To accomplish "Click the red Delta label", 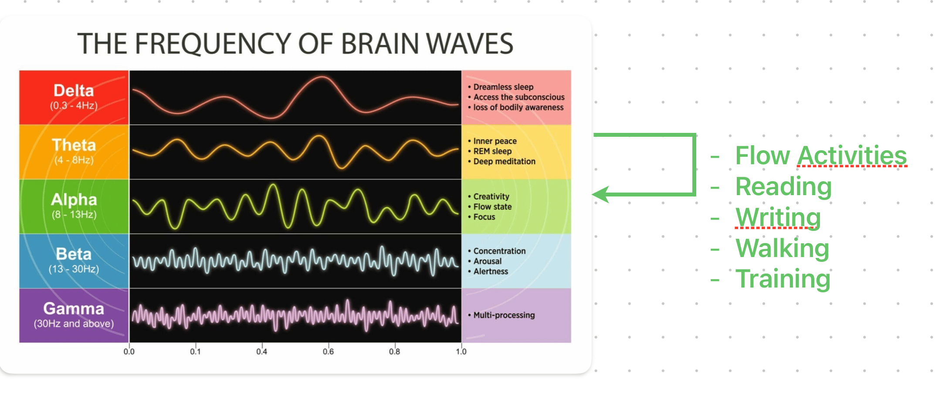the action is [74, 91].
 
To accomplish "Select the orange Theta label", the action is [74, 145].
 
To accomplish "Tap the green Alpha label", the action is [74, 200].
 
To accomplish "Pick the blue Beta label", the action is [74, 254].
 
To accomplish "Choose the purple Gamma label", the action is [74, 309].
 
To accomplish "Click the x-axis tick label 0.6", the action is [328, 352].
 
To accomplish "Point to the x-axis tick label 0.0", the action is [129, 352].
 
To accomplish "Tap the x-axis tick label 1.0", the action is [461, 352].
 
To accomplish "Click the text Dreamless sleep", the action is [503, 87].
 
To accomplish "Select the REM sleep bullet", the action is [492, 151].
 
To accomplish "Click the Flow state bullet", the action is [492, 207].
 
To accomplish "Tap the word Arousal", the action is [488, 261].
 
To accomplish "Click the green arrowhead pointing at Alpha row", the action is [600, 194].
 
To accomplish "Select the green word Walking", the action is [782, 248].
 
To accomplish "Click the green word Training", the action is [783, 279].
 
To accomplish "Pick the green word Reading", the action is [783, 186].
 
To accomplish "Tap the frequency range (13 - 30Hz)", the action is [74, 269].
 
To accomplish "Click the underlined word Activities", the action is [852, 156].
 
